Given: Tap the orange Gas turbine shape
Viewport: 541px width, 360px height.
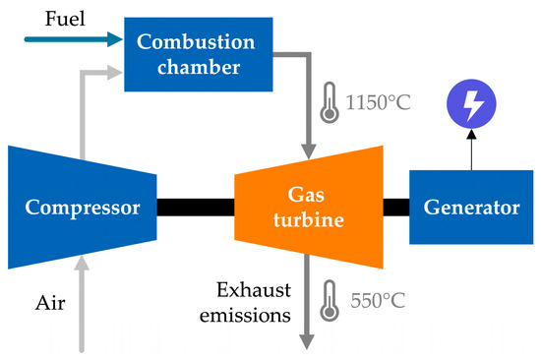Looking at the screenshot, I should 309,208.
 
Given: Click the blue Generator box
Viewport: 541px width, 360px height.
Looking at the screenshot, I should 471,208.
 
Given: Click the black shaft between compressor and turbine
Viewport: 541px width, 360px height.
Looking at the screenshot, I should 194,208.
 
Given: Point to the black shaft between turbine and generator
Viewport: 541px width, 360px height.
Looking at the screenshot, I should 395,208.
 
